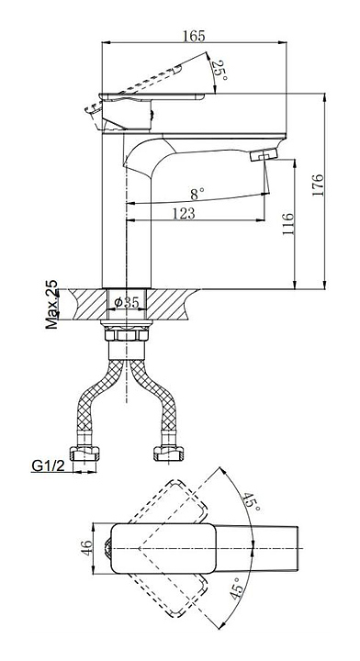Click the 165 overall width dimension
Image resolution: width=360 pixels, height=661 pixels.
(194, 36)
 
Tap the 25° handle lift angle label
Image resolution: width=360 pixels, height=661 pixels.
(220, 71)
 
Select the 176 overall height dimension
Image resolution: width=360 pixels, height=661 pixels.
(318, 185)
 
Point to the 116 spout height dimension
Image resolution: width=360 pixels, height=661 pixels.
(287, 224)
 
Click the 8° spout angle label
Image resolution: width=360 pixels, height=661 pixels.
(197, 195)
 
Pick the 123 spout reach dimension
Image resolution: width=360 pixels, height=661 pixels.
(184, 214)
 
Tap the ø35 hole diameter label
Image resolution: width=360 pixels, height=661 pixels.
(127, 302)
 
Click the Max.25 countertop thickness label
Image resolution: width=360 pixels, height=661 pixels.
(51, 304)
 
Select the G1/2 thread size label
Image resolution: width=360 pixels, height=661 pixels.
(49, 465)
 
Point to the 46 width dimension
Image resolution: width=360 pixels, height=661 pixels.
(86, 548)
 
